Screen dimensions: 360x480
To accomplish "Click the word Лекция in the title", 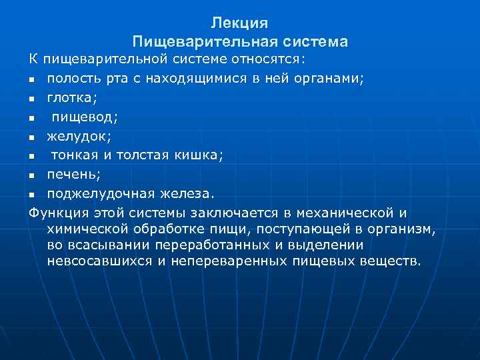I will (239, 23).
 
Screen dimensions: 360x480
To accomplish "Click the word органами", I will (327, 79).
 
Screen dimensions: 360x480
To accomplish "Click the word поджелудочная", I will (100, 194).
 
